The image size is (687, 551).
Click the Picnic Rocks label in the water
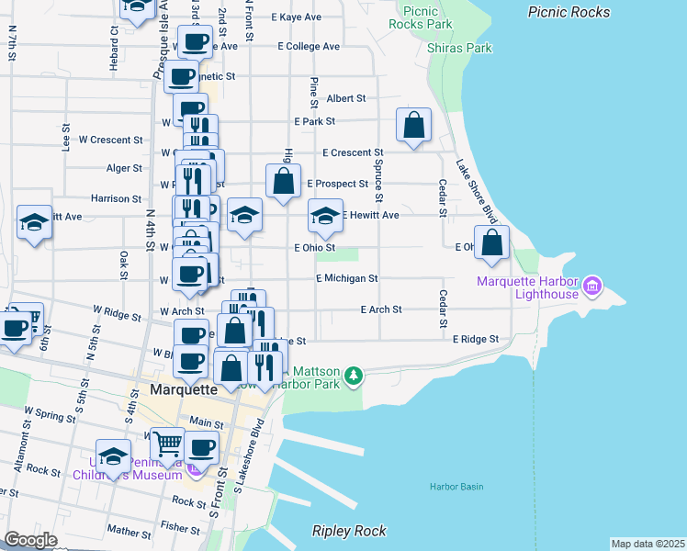click(569, 12)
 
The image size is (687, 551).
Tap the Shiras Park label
click(460, 48)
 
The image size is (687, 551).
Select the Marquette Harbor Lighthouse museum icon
click(592, 287)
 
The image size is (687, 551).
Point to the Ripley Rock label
click(349, 531)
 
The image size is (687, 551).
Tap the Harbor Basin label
click(456, 487)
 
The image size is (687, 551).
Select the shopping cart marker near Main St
click(167, 444)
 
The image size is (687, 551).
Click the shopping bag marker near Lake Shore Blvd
click(492, 243)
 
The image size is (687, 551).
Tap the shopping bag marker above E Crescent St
click(414, 125)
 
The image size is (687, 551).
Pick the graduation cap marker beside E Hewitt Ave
click(324, 217)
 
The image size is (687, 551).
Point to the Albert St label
click(345, 98)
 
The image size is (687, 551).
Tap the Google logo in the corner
click(30, 540)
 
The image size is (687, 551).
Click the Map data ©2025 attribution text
click(648, 544)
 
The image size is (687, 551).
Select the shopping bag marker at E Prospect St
click(284, 181)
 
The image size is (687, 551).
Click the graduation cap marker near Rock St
click(113, 456)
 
